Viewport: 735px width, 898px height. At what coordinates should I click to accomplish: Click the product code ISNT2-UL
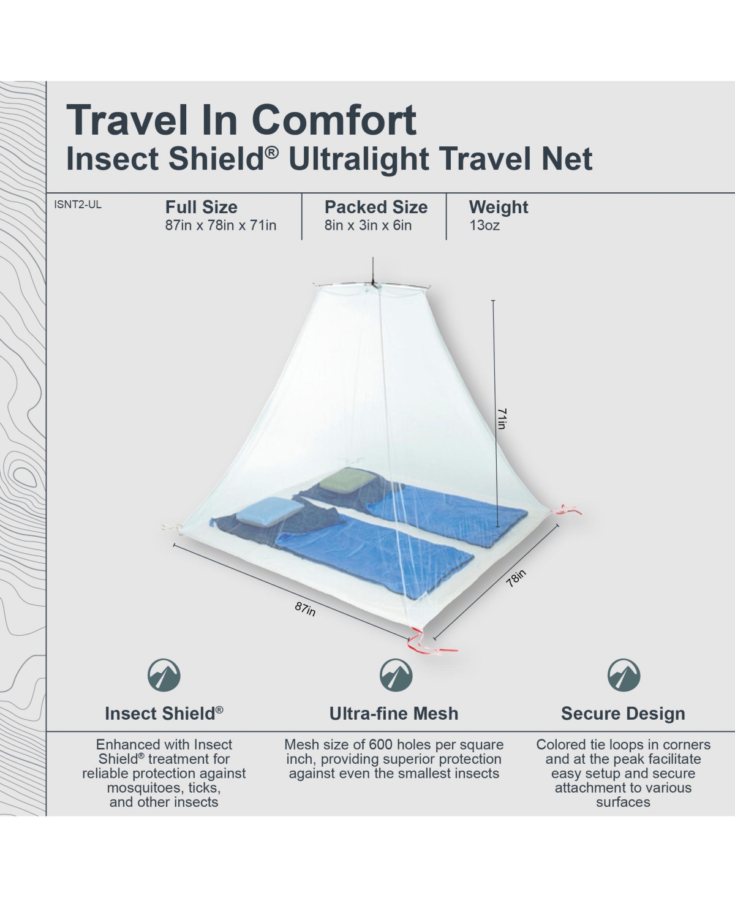click(78, 205)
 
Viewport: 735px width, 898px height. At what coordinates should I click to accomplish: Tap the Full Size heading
click(202, 208)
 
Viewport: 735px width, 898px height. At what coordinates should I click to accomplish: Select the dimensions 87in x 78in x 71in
click(221, 225)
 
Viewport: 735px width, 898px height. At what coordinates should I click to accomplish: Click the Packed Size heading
click(376, 208)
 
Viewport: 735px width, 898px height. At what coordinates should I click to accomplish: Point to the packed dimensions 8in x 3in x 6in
click(368, 225)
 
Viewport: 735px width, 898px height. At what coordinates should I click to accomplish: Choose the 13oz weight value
click(484, 225)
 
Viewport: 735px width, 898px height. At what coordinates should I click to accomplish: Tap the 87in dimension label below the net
click(305, 609)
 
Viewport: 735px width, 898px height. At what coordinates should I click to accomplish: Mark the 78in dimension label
click(516, 578)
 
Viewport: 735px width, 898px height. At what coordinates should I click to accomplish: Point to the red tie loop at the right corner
click(565, 509)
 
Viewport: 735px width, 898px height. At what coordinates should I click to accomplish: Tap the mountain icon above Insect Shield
click(164, 675)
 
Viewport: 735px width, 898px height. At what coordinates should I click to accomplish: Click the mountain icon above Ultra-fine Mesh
click(396, 675)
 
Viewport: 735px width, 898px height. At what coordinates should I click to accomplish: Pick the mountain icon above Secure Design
click(624, 675)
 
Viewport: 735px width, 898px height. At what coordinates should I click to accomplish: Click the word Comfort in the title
click(334, 120)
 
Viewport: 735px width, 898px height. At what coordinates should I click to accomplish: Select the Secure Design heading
click(623, 714)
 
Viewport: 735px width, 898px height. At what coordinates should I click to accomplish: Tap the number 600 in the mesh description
click(382, 745)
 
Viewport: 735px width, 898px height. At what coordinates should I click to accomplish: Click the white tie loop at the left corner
click(170, 529)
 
